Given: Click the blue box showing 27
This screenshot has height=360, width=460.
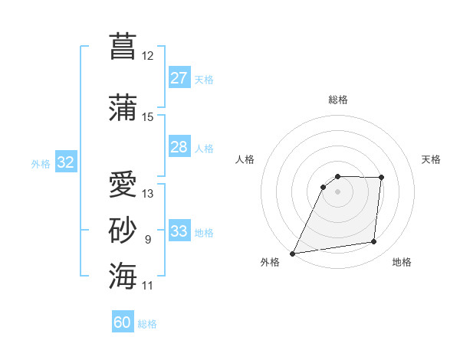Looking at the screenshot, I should [x=179, y=78].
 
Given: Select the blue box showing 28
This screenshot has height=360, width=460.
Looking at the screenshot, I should [x=179, y=147].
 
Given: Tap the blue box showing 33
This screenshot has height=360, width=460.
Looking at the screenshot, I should [x=179, y=231].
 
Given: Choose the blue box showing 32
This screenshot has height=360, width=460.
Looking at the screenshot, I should [x=66, y=162].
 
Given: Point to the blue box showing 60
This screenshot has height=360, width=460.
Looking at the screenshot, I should [x=123, y=322].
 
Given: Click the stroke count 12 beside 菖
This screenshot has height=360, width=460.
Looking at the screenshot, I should [x=148, y=56].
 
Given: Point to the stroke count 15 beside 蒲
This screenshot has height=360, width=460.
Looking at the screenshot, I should [x=148, y=117].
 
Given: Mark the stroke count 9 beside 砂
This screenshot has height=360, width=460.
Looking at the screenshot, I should [x=148, y=240].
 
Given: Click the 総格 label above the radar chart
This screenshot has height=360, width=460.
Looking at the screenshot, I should [x=337, y=100].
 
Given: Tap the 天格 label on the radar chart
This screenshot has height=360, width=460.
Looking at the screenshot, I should [x=432, y=159].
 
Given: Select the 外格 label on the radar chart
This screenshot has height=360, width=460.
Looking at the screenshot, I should [x=270, y=262].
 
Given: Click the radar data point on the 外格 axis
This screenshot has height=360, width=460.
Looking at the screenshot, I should [x=292, y=254].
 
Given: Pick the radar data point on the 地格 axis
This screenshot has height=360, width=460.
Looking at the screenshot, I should [x=374, y=242].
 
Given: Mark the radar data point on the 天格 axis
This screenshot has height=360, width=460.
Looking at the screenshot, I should [x=381, y=178].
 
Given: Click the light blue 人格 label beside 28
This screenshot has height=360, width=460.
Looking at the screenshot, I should [x=204, y=148].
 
